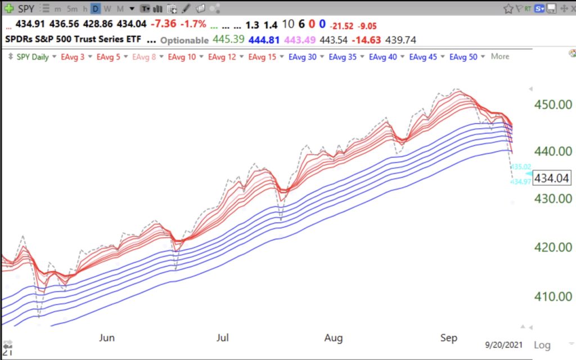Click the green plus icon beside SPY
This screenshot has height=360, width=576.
tap(10, 9)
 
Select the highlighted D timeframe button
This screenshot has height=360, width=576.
tap(96, 9)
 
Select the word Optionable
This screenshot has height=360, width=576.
tap(184, 40)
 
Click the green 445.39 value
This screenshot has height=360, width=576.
tap(228, 40)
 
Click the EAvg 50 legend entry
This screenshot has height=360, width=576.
tap(464, 57)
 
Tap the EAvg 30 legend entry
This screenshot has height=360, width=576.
tap(302, 57)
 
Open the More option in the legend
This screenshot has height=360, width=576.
tap(499, 57)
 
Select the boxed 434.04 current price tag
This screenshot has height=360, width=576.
tap(552, 178)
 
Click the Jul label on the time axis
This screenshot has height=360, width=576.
tap(223, 338)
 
